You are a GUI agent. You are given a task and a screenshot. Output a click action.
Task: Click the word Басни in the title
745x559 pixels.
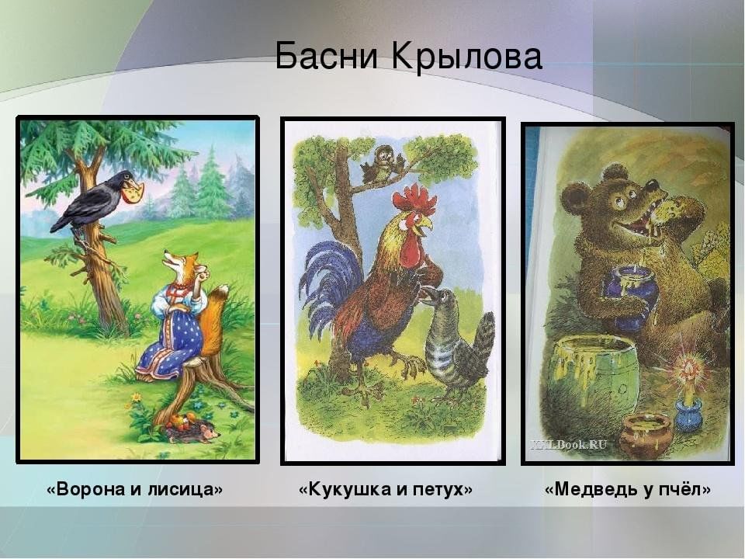coord(327,56)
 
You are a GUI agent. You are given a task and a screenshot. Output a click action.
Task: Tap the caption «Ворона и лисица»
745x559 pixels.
coord(134,488)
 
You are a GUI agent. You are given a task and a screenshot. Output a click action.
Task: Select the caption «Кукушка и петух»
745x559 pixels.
coord(386,488)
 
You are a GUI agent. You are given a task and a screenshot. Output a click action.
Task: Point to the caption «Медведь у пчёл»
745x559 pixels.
coord(628,488)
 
